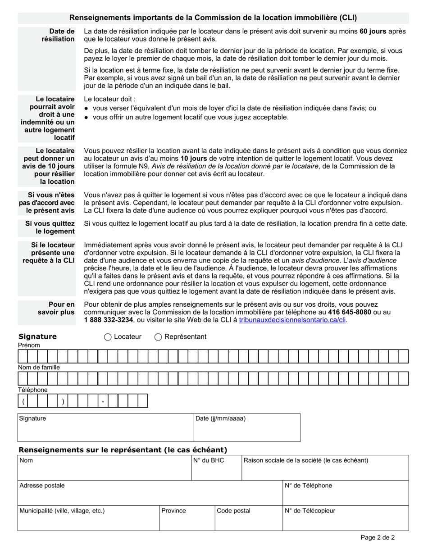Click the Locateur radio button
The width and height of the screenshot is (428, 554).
tap(108, 337)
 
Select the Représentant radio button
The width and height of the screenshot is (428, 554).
tap(158, 337)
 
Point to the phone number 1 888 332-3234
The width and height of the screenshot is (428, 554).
tap(109, 320)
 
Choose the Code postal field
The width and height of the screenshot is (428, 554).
tap(249, 522)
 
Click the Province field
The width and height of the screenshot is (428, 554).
tap(187, 522)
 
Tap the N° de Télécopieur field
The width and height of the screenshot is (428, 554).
tap(346, 522)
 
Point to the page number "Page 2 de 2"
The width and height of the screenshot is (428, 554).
tap(378, 537)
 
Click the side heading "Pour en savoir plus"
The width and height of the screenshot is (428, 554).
tap(56, 308)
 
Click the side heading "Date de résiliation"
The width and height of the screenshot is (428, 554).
tap(58, 35)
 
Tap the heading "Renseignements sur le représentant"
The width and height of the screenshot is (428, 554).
tap(123, 450)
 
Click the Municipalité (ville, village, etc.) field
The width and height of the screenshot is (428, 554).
tap(89, 522)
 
